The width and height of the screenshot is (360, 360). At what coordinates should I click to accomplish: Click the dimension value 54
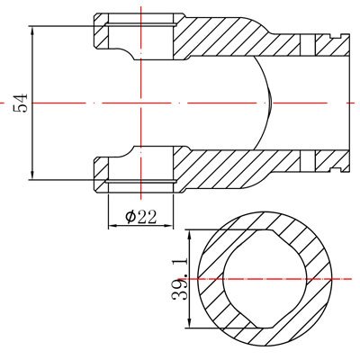pos(21,103)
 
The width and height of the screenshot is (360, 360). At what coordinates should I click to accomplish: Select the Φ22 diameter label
pos(141,217)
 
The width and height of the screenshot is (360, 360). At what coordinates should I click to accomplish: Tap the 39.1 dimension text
pos(180,279)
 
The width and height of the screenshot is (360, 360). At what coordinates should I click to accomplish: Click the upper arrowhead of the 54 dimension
pos(32,30)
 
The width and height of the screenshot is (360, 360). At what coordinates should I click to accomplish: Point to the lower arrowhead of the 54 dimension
pos(32,176)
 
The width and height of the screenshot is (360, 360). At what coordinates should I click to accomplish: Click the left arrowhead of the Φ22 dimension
pos(112,225)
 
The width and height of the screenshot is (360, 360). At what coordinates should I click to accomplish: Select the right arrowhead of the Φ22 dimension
pos(169,225)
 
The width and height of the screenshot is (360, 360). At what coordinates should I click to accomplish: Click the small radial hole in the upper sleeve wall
pos(308,45)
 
